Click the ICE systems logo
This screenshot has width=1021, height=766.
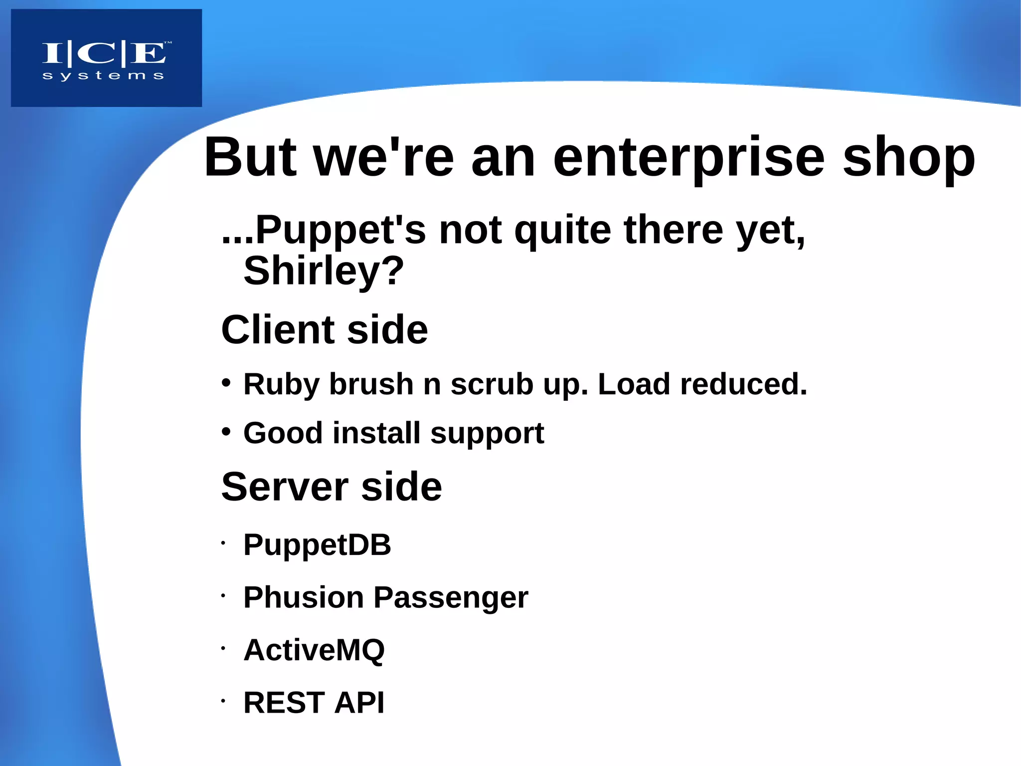(x=106, y=58)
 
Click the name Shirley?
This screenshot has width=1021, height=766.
(x=323, y=271)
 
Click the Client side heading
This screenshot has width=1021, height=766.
(x=324, y=330)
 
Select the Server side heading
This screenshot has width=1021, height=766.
(x=331, y=487)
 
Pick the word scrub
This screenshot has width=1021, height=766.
(x=492, y=384)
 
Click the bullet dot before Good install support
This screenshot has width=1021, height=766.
(x=226, y=432)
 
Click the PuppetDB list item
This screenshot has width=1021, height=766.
(x=317, y=544)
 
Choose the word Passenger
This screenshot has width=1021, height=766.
(x=451, y=598)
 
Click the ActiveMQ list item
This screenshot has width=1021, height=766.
(x=314, y=650)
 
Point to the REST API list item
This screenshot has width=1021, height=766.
(x=314, y=703)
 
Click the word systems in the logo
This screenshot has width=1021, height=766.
(x=103, y=75)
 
